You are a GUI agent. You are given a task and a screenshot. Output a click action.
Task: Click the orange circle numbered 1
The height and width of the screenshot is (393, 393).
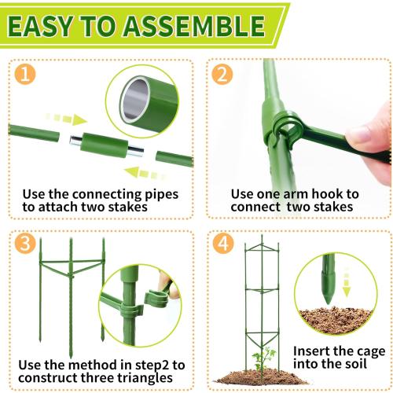point(25,75)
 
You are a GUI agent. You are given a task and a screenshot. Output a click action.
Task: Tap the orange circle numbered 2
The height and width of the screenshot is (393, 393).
point(222,75)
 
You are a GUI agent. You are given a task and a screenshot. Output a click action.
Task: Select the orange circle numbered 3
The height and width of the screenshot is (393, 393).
point(25,244)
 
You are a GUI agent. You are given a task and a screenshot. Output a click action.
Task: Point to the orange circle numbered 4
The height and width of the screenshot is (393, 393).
point(223,244)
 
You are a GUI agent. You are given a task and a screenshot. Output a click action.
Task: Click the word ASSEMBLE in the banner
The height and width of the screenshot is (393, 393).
point(194,26)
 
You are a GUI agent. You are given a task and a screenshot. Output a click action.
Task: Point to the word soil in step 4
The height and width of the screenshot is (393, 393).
point(355,364)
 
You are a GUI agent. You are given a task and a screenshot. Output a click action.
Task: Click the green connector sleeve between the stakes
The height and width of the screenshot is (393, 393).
point(105,145)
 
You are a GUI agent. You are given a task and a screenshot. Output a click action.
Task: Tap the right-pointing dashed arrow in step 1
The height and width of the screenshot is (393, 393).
point(67,119)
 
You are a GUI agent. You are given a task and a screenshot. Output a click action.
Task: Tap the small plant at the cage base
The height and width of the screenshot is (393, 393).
point(264,359)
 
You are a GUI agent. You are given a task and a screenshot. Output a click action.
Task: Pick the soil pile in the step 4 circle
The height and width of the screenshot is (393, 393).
point(336,321)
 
